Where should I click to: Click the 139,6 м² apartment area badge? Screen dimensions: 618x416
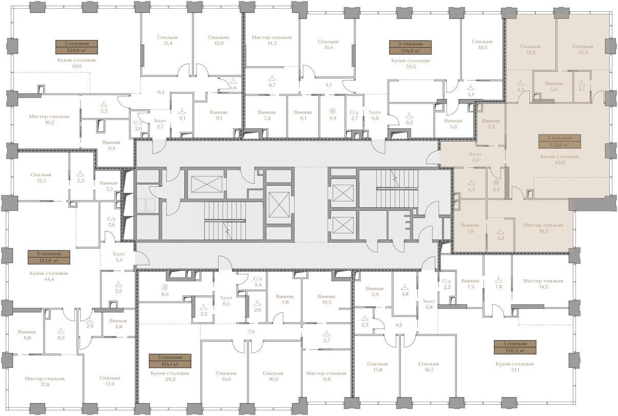(76, 50)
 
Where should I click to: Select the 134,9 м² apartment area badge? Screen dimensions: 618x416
(410, 51)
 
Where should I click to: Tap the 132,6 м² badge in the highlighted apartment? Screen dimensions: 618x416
(559, 145)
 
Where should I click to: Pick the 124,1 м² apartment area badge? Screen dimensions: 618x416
(170, 364)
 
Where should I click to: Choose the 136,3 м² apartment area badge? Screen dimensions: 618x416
(515, 351)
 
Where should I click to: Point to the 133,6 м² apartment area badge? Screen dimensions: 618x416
(49, 261)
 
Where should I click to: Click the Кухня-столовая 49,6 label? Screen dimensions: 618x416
(76, 63)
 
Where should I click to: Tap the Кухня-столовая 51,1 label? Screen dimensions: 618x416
(515, 367)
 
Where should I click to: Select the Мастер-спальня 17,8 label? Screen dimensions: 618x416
(45, 381)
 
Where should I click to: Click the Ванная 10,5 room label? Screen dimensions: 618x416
(326, 299)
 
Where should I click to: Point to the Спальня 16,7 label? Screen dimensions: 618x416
(429, 367)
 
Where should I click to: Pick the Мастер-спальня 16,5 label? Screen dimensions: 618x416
(543, 228)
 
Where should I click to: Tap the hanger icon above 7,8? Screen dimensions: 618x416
(498, 281)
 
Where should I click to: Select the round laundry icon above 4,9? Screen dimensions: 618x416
(333, 111)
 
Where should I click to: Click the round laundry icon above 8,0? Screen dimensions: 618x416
(165, 287)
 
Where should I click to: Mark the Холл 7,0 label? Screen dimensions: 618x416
(475, 157)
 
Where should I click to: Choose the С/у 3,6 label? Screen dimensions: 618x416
(111, 222)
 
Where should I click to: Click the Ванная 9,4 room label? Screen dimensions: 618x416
(111, 145)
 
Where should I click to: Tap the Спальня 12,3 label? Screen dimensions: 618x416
(41, 177)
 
